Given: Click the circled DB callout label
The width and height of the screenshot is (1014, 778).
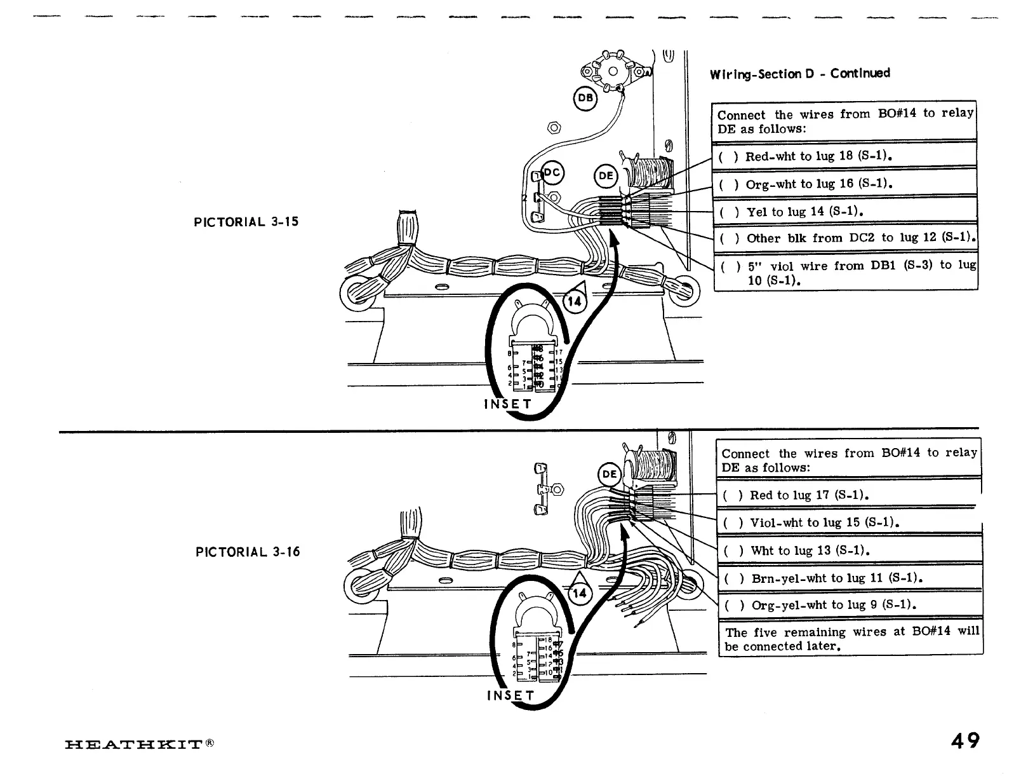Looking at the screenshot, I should tap(585, 98).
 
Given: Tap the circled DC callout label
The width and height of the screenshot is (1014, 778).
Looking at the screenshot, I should tap(552, 172).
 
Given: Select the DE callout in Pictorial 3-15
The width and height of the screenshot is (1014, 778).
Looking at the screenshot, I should tap(606, 176).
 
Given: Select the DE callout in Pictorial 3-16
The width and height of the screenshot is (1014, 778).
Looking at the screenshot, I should tap(610, 474).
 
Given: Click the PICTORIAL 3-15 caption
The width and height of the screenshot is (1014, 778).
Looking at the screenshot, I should tap(246, 222).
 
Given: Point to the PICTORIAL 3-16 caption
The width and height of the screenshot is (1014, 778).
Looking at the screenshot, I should tap(248, 552).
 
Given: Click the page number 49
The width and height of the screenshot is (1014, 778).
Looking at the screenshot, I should tap(964, 740).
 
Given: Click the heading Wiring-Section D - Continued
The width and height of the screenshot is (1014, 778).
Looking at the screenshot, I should tap(799, 73).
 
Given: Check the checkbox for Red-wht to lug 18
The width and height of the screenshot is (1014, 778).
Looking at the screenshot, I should tap(728, 156).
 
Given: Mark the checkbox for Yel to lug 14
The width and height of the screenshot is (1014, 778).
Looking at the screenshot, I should tap(729, 212).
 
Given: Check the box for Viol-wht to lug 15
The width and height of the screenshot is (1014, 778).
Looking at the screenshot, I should tap(733, 523).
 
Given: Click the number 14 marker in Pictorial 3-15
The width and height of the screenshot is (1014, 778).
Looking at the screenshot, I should tap(574, 301).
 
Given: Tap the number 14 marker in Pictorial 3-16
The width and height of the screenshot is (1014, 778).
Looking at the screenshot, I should tap(579, 594).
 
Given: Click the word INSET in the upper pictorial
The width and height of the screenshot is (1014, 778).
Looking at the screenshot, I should tap(508, 404).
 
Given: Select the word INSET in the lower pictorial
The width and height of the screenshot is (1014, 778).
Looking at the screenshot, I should tap(511, 695).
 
